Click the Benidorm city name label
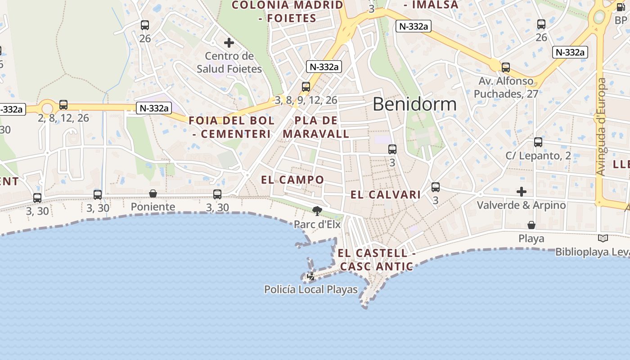click(414, 104)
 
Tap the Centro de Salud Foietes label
click(229, 63)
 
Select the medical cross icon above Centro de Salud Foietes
click(229, 43)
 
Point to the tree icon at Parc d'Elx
click(317, 211)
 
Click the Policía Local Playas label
click(311, 289)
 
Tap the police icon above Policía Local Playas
click(311, 275)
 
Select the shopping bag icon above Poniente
click(153, 193)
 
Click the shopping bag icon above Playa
click(531, 225)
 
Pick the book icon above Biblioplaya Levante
click(603, 238)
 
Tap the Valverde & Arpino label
click(522, 205)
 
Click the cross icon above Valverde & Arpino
click(522, 192)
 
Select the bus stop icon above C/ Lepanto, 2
click(538, 142)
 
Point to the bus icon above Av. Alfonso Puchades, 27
click(506, 67)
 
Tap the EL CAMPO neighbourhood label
click(292, 180)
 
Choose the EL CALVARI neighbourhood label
click(386, 195)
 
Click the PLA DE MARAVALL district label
click(316, 127)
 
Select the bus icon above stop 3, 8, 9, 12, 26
click(306, 86)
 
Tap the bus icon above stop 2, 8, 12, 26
click(63, 105)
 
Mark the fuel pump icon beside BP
click(621, 7)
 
